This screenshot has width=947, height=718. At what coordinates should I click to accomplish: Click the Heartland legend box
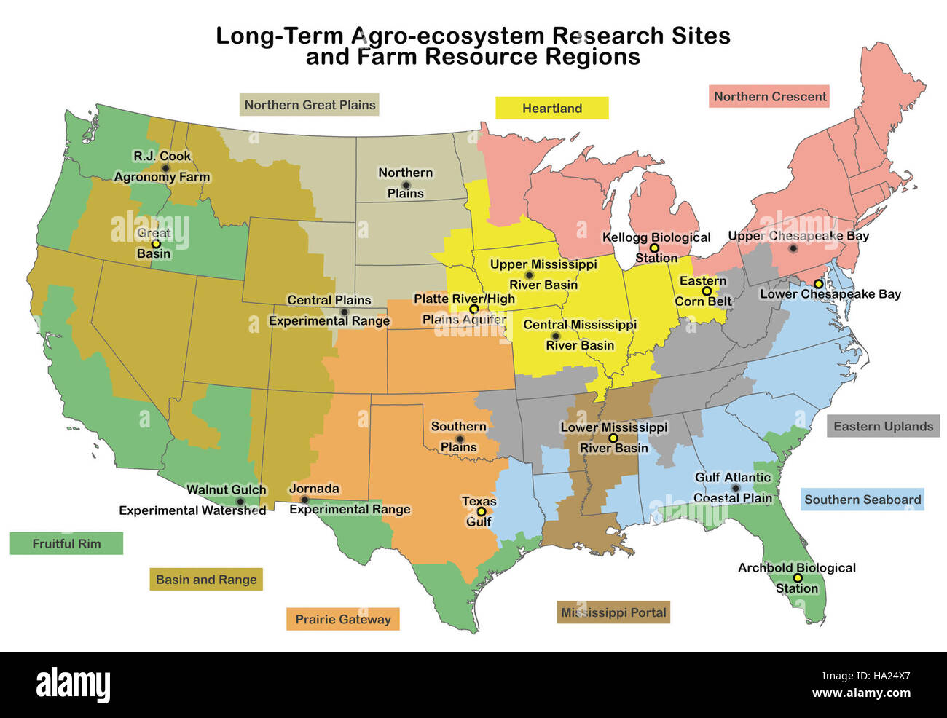click(551, 109)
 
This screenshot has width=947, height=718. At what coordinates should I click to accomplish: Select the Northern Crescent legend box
click(769, 97)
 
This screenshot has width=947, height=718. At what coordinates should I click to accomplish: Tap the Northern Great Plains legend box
click(310, 105)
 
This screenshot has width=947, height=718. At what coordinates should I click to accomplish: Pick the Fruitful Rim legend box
click(66, 543)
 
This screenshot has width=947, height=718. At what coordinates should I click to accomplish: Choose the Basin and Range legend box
click(206, 580)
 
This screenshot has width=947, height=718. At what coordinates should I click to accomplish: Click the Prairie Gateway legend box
click(342, 620)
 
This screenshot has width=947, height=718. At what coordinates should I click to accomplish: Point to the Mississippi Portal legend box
click(613, 612)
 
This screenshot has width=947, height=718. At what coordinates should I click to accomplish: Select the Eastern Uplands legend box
click(883, 427)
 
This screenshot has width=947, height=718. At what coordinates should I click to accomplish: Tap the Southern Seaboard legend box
click(862, 500)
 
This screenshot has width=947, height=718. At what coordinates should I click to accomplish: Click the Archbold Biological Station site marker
click(798, 578)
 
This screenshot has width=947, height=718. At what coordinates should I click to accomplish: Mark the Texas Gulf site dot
click(481, 512)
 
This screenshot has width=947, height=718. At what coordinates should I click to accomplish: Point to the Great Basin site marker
click(155, 244)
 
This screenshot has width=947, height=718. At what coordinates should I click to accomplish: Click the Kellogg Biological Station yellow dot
click(654, 248)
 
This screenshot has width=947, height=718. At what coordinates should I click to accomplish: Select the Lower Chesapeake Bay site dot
click(818, 284)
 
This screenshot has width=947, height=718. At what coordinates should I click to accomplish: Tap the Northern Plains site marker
click(406, 184)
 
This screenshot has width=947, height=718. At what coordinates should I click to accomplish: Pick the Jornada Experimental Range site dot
click(304, 500)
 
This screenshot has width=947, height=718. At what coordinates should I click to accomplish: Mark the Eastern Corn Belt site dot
click(707, 291)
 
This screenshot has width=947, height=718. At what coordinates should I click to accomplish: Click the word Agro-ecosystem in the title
click(448, 36)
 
